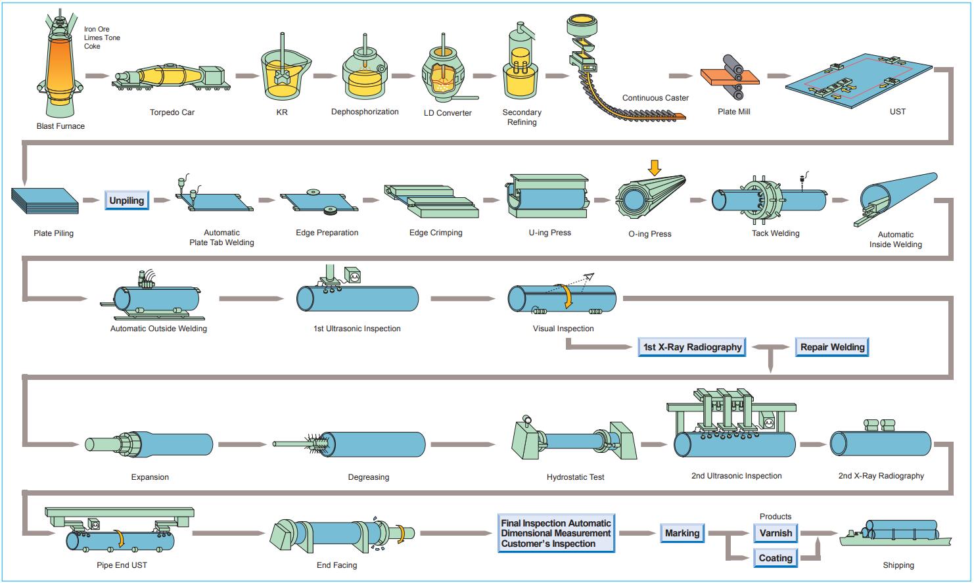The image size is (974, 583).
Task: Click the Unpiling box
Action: [x=127, y=200]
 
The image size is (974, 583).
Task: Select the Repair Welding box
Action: [x=832, y=347]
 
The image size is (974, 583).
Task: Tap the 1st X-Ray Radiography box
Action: [x=692, y=347]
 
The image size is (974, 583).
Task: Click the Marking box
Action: [x=682, y=533]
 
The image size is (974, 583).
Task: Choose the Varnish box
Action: [x=776, y=533]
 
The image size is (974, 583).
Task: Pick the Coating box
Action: [x=776, y=558]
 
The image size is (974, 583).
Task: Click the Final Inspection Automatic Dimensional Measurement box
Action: [x=556, y=533]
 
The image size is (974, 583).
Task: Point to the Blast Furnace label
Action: [x=60, y=126]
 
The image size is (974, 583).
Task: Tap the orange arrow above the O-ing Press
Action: [x=655, y=168]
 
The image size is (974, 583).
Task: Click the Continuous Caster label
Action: [x=655, y=98]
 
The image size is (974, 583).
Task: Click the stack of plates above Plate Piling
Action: [x=45, y=200]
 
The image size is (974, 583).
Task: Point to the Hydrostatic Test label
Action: [x=575, y=477]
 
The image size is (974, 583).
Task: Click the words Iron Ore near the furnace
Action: [x=97, y=29]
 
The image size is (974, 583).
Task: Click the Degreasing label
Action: [x=368, y=477]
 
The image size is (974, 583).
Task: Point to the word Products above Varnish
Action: [x=776, y=517]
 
